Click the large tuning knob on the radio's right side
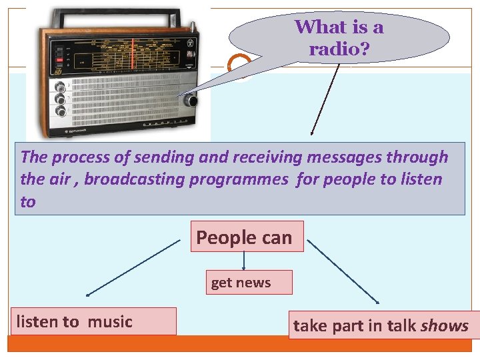coord(191,101)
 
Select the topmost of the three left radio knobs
coord(61,87)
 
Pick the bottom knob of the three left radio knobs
coord(61,111)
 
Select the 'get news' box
coord(241,283)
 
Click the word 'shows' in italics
coord(445,326)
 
